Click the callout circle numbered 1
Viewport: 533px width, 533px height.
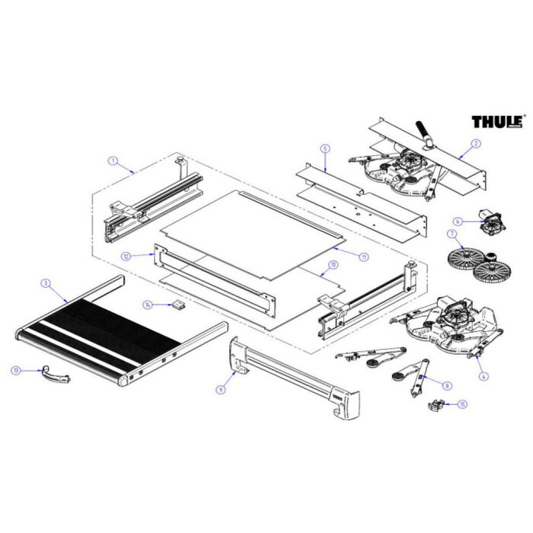[x=112, y=161]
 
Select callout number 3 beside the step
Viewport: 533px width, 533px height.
[x=45, y=283]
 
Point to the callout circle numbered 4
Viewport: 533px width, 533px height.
[x=480, y=375]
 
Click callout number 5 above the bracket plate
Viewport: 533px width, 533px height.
[x=324, y=148]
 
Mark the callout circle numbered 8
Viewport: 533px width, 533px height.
[x=447, y=386]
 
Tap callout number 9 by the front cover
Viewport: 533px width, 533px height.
[x=220, y=389]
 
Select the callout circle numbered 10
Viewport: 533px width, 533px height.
[x=332, y=265]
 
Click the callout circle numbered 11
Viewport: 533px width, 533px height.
[x=364, y=257]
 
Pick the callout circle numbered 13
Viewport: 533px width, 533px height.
[x=15, y=370]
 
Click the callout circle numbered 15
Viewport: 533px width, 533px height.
[x=462, y=405]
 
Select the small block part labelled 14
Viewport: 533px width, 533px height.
[x=179, y=305]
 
